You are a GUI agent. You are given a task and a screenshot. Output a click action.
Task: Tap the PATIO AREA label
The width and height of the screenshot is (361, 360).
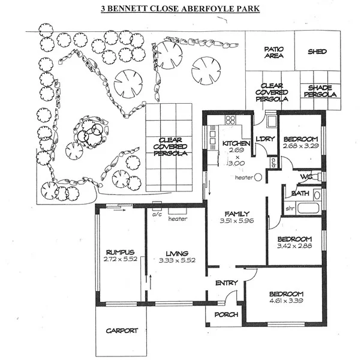(x=273, y=52)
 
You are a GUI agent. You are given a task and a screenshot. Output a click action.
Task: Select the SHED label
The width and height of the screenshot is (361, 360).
(x=317, y=52)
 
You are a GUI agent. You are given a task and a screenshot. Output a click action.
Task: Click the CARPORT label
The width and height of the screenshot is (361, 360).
(x=122, y=331)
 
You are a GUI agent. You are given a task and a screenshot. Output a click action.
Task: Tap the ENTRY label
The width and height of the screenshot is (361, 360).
(x=226, y=283)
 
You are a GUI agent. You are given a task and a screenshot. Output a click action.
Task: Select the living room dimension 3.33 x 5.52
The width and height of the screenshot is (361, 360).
(x=177, y=261)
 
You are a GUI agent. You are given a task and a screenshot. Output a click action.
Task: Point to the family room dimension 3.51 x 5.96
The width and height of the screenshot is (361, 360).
(x=237, y=221)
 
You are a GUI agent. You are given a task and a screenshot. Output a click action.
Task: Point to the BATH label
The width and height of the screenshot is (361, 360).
(x=300, y=193)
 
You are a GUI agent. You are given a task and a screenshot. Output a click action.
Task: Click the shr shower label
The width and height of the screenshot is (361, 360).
(x=288, y=208)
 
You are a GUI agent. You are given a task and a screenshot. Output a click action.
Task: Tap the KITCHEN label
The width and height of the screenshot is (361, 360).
(x=234, y=144)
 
